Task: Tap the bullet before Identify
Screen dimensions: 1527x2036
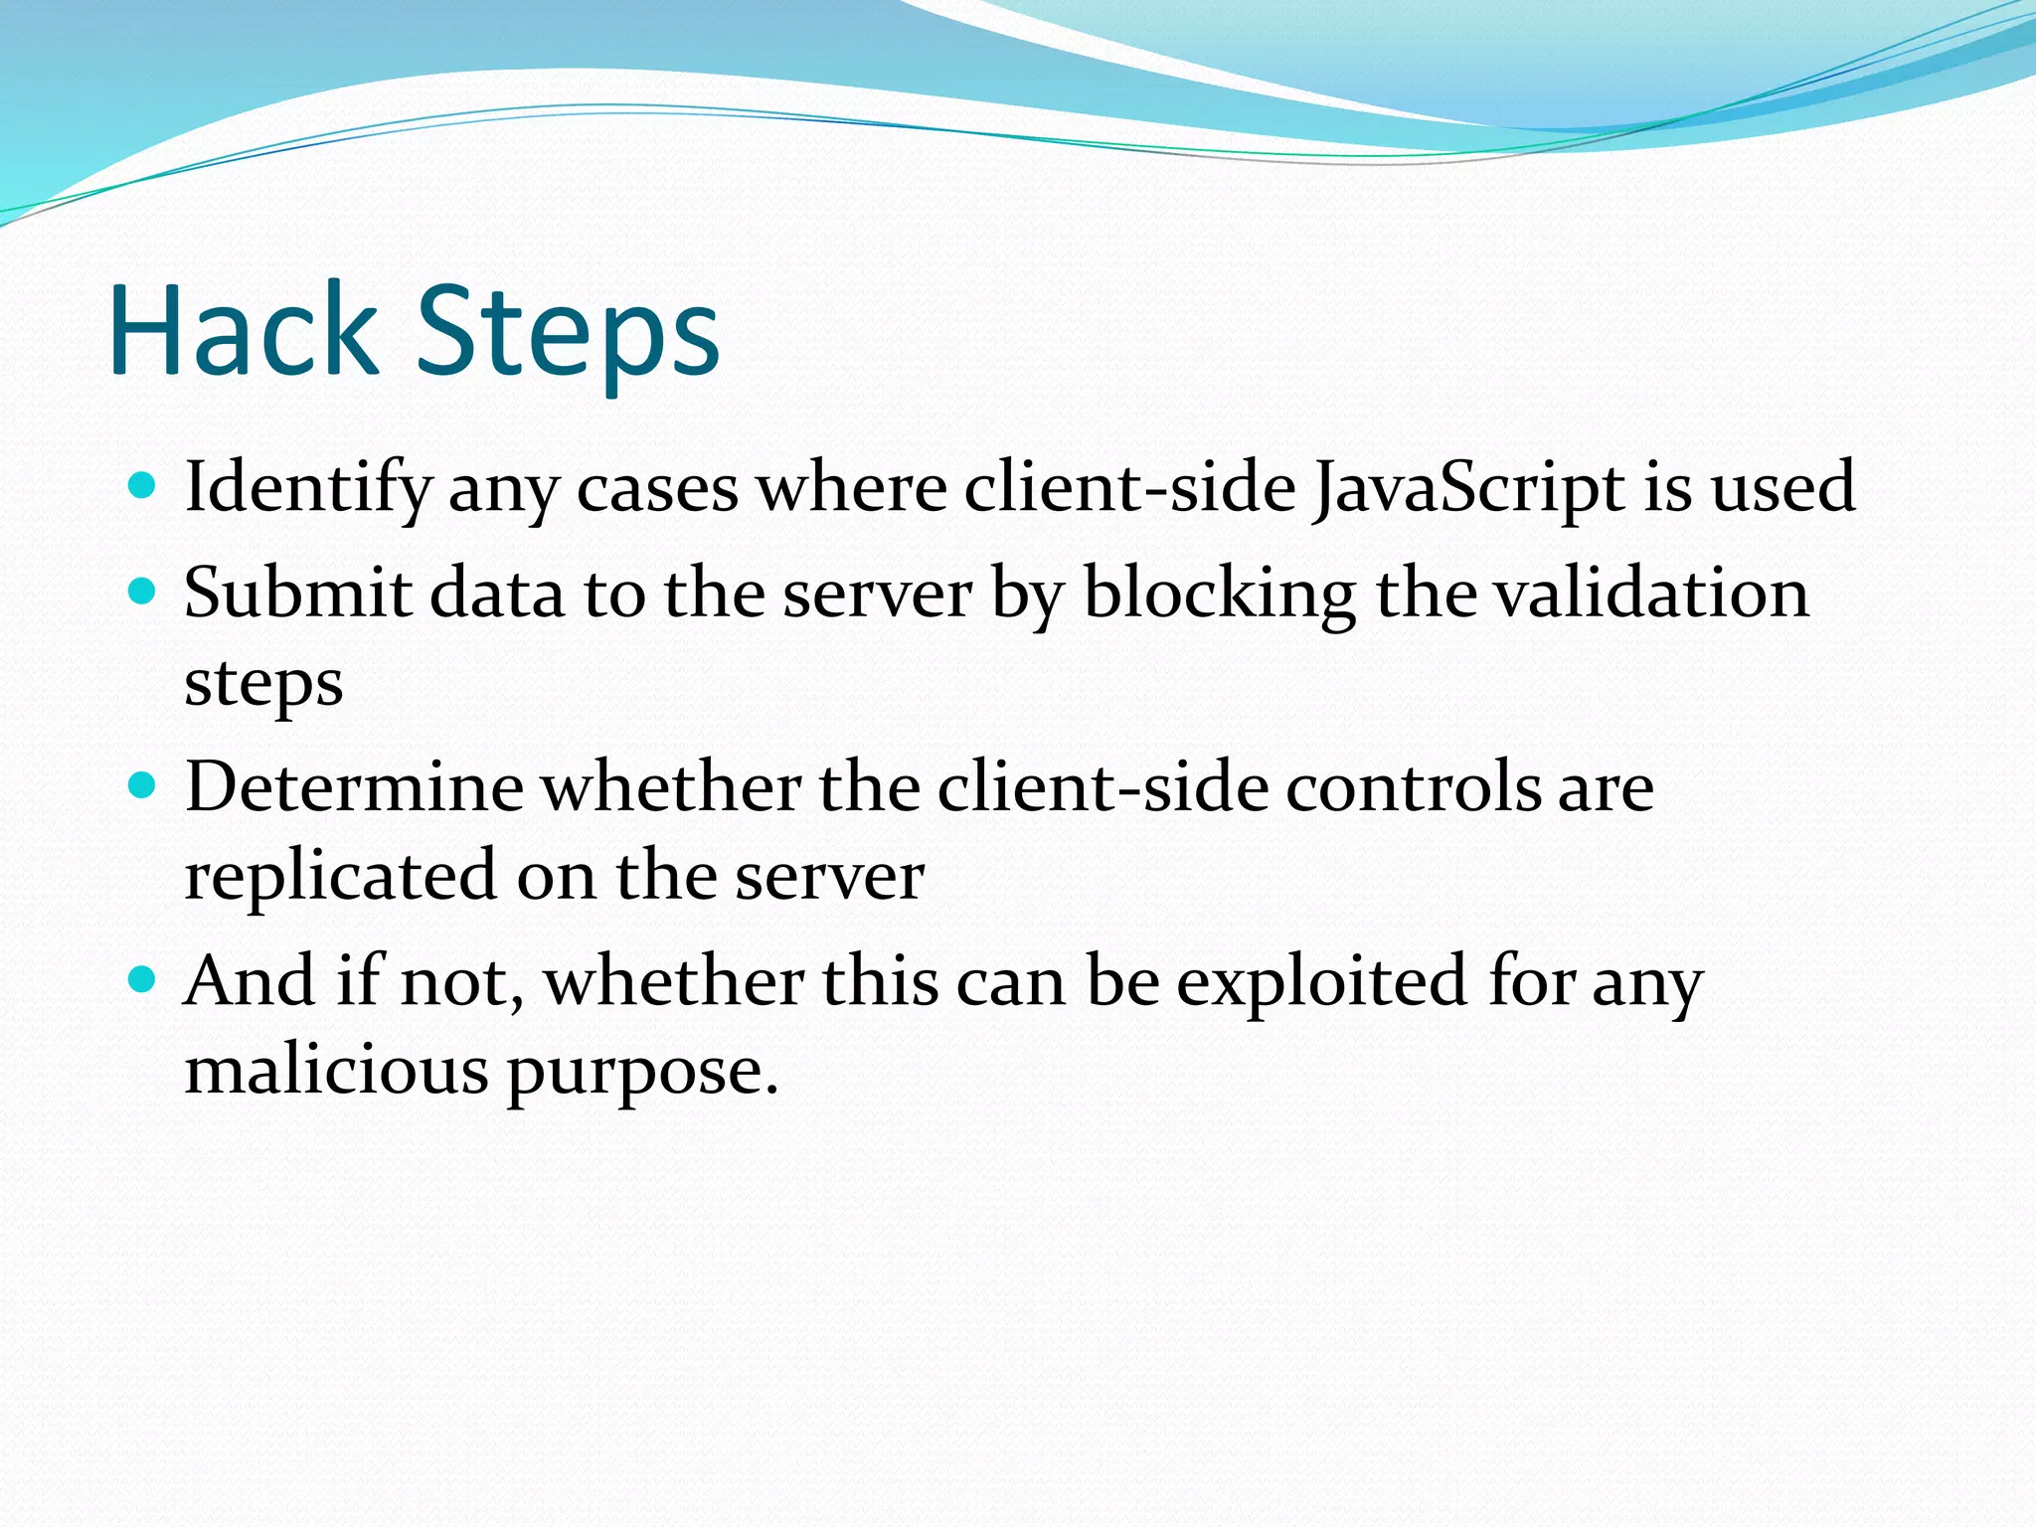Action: pos(143,486)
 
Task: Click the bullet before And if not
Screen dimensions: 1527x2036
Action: pos(143,980)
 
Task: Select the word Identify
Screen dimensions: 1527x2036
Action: pos(308,488)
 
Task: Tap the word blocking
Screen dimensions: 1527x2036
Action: pos(1219,594)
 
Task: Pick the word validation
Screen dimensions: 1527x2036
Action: pos(1651,593)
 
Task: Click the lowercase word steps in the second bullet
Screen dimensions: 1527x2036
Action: pos(263,684)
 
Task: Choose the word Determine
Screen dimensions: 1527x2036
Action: pos(354,786)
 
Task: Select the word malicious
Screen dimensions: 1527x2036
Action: pos(336,1071)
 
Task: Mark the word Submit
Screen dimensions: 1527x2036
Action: pos(297,593)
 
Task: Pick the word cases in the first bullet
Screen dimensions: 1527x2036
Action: pos(657,488)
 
